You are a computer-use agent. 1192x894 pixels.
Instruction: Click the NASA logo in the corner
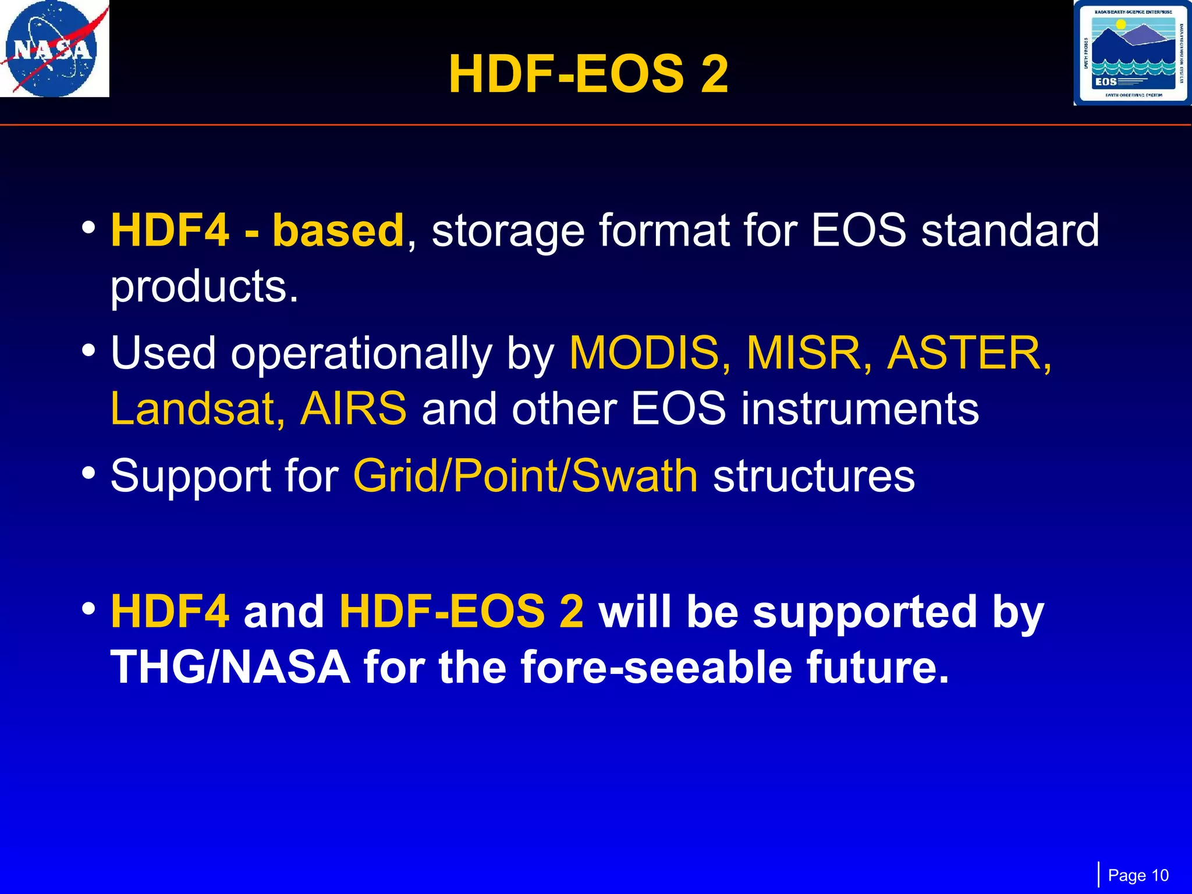tap(54, 49)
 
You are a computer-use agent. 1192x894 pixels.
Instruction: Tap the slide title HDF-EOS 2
tap(588, 74)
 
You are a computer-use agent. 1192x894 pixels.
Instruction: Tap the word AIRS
tap(353, 409)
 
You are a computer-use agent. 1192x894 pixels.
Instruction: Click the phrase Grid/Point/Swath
tap(525, 476)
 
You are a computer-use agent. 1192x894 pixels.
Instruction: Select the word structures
tap(814, 476)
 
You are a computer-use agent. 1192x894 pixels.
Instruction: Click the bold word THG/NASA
tap(230, 667)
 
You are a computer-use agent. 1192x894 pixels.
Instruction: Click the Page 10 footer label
tap(1138, 875)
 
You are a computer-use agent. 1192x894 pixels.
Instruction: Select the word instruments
tap(860, 409)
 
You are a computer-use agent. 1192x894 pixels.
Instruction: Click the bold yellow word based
tap(338, 230)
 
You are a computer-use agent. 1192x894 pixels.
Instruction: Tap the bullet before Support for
tap(88, 473)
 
